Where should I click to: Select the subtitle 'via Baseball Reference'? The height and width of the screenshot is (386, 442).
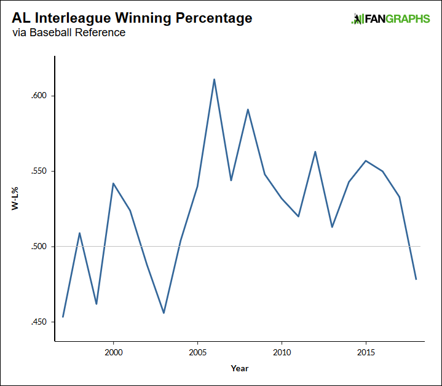pos(69,33)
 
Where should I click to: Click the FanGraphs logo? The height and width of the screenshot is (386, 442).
pos(390,19)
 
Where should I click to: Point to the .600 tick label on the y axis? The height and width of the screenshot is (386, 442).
pos(39,96)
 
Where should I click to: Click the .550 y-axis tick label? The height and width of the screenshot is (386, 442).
pos(39,171)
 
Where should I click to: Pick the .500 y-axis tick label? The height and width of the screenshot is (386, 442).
pos(39,247)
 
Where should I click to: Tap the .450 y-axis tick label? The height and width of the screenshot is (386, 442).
pos(39,322)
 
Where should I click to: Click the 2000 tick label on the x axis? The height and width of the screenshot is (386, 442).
pos(113,353)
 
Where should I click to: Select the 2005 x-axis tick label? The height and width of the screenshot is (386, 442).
pos(197,353)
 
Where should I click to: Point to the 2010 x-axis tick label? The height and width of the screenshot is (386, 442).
pos(282,353)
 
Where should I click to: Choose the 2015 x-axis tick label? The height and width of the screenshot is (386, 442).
pos(366,353)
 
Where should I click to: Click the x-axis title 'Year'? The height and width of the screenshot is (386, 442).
pos(240,368)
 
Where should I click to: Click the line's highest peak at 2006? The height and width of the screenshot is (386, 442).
pos(214,79)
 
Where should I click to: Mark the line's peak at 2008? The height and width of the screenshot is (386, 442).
pos(248,109)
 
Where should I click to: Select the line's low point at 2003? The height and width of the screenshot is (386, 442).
pos(164,313)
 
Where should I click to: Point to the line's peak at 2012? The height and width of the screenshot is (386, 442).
pos(315,152)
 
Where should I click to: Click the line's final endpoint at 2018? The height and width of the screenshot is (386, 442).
pos(416,279)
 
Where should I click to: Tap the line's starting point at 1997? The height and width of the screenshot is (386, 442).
pos(63,317)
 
